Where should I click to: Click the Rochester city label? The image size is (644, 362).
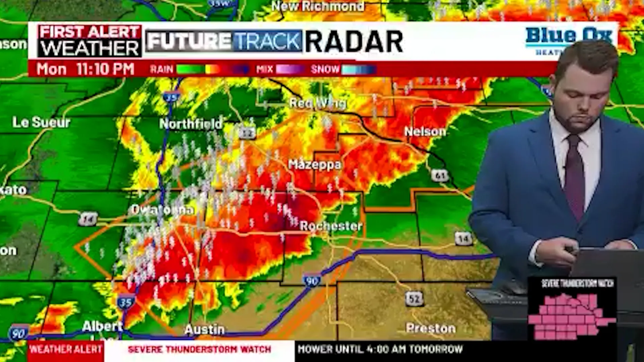[x=331, y=226]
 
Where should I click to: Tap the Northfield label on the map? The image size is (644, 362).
[x=191, y=124]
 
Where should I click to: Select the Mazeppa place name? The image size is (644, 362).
[x=314, y=164]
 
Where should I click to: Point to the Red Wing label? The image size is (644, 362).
[x=317, y=103]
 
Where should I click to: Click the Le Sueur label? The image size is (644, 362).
[x=41, y=122]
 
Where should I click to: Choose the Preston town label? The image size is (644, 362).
[x=431, y=328]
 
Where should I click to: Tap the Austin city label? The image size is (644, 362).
[x=204, y=329]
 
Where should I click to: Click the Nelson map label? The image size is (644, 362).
[x=425, y=132]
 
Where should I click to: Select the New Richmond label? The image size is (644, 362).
[x=317, y=6]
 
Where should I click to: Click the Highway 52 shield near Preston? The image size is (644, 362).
[x=414, y=298]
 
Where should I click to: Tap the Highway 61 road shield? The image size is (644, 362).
[x=439, y=175]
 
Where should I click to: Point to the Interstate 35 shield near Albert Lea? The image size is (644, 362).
[x=126, y=302]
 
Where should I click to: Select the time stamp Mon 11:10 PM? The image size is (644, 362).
[x=86, y=69]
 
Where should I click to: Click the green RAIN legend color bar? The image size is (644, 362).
[x=190, y=69]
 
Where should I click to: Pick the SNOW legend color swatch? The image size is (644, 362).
[x=358, y=69]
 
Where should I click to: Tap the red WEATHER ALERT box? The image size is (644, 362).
[x=65, y=349]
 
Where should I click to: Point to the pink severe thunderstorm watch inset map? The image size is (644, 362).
[x=572, y=315]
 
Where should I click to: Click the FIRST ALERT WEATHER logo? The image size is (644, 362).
[x=90, y=41]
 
